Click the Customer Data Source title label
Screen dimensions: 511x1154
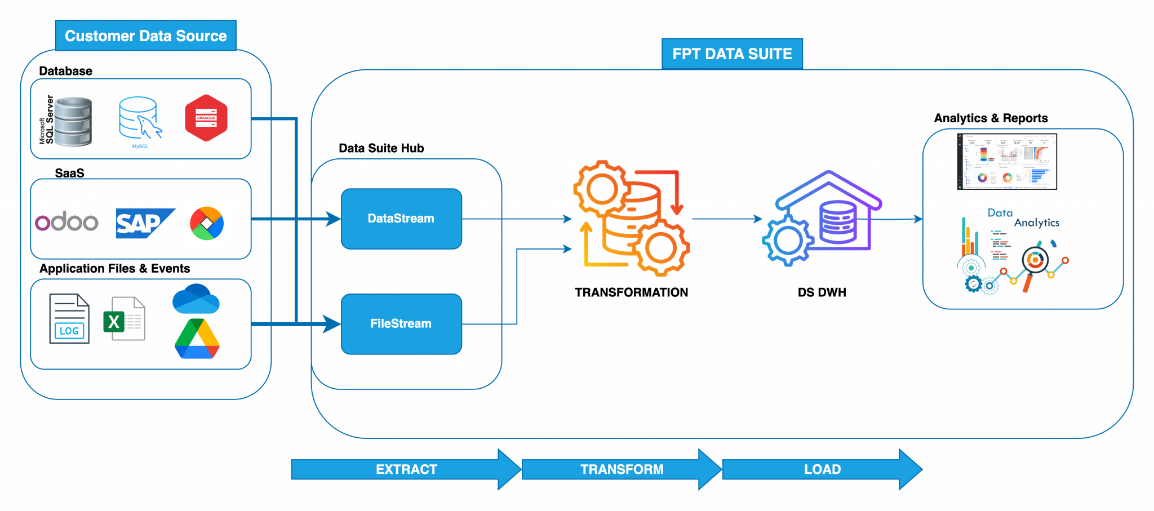pyautogui.click(x=145, y=35)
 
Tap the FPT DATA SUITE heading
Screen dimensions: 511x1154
pyautogui.click(x=731, y=54)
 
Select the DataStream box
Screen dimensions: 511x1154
pyautogui.click(x=401, y=219)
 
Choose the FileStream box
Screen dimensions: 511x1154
pyautogui.click(x=401, y=324)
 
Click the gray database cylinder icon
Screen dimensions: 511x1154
pyautogui.click(x=73, y=122)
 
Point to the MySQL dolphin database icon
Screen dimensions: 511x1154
pyautogui.click(x=139, y=119)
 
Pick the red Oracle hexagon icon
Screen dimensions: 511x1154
pyautogui.click(x=206, y=118)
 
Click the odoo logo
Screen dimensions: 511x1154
pyautogui.click(x=66, y=221)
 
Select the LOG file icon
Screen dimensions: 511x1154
pyautogui.click(x=69, y=319)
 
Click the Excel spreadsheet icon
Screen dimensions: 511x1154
pyautogui.click(x=125, y=319)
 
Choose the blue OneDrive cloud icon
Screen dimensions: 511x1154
pyautogui.click(x=196, y=299)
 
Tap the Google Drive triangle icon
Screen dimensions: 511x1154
pyautogui.click(x=197, y=339)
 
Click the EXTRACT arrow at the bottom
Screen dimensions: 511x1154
pyautogui.click(x=406, y=469)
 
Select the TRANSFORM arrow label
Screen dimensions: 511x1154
pyautogui.click(x=622, y=469)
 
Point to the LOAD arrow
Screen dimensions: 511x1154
pyautogui.click(x=822, y=469)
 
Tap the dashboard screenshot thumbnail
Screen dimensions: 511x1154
pyautogui.click(x=1007, y=162)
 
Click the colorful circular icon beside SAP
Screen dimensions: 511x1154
pyautogui.click(x=207, y=223)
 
